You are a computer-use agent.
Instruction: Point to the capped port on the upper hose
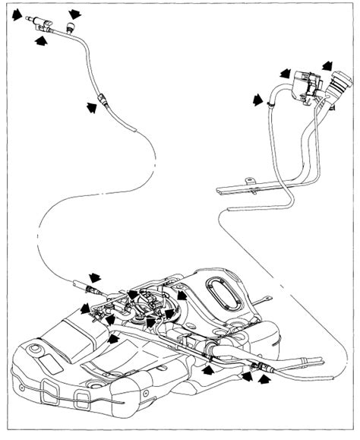70,28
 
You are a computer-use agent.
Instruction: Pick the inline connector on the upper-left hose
103,97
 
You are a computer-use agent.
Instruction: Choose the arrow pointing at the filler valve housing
286,74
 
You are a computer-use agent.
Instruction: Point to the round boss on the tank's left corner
33,350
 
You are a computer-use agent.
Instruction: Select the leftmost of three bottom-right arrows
209,370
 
